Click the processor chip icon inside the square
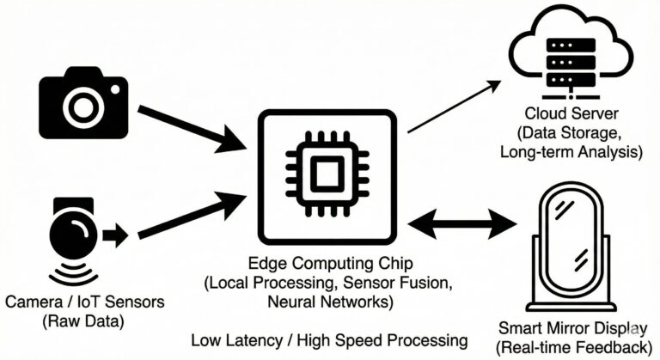pyautogui.click(x=327, y=177)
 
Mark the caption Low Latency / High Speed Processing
pyautogui.click(x=329, y=339)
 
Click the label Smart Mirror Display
pyautogui.click(x=571, y=329)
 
